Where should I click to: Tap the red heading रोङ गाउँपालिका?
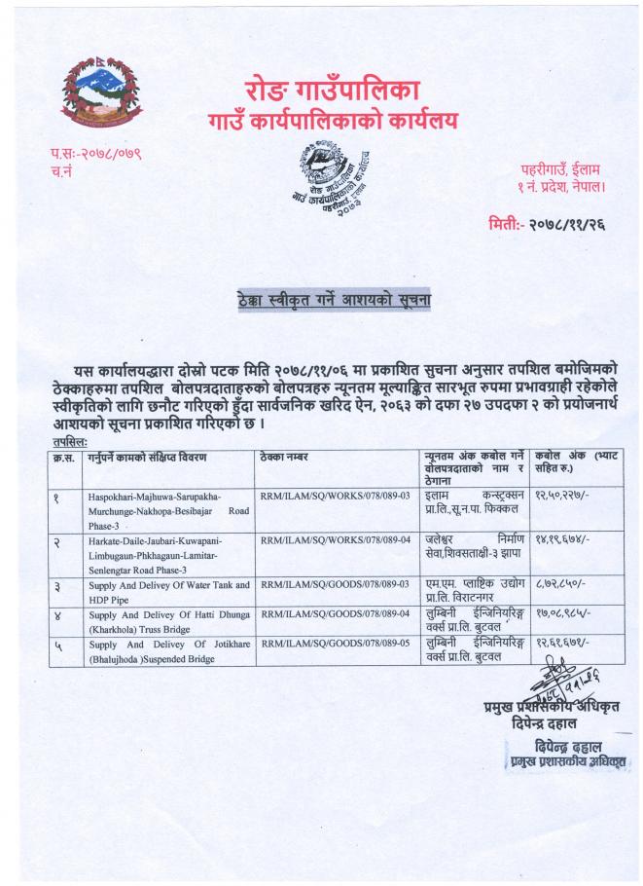[321, 92]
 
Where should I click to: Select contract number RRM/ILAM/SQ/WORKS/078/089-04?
[328, 537]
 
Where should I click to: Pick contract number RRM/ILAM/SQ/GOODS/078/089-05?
[328, 644]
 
